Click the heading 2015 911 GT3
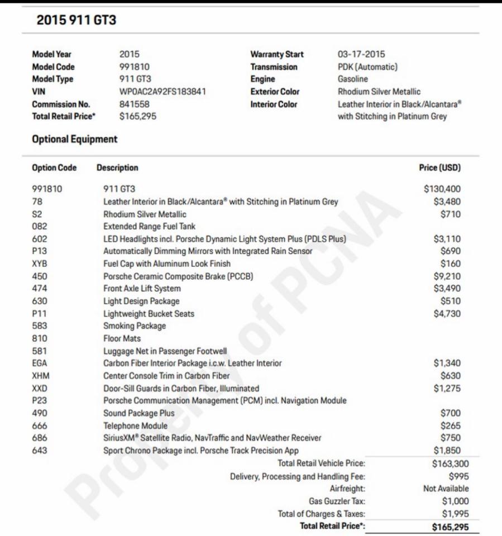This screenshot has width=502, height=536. [x=77, y=21]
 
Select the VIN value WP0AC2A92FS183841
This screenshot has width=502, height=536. [x=162, y=92]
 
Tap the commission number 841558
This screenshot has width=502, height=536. [x=134, y=104]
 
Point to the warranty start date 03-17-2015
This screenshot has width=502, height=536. [x=361, y=54]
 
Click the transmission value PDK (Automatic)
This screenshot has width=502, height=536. [x=367, y=67]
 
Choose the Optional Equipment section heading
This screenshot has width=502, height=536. [x=75, y=140]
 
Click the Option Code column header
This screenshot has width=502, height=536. [x=54, y=167]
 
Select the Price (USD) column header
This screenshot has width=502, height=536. [x=439, y=167]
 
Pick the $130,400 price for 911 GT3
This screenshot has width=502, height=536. [x=442, y=189]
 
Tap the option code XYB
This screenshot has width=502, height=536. [x=40, y=264]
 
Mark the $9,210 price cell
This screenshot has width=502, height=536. [x=447, y=276]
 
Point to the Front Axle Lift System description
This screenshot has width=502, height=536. [x=142, y=289]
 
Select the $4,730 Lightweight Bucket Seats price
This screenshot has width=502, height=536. [x=447, y=314]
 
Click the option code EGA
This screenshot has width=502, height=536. [x=40, y=363]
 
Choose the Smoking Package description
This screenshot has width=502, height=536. [x=135, y=326]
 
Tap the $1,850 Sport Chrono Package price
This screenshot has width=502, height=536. [x=447, y=451]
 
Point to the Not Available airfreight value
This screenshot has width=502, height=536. [x=446, y=489]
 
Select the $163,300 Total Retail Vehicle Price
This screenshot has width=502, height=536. [x=450, y=463]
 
